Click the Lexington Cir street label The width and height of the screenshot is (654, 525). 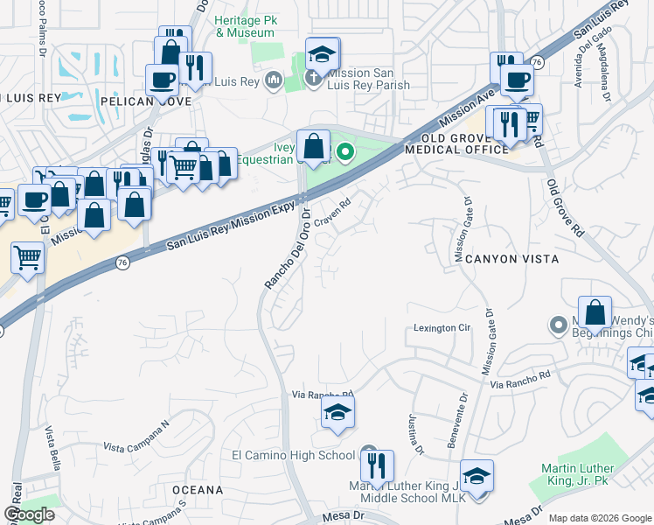pyautogui.click(x=442, y=328)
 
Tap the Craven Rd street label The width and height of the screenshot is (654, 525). pyautogui.click(x=332, y=214)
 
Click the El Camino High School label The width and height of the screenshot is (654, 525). pyautogui.click(x=293, y=455)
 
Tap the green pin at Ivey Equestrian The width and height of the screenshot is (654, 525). pyautogui.click(x=345, y=153)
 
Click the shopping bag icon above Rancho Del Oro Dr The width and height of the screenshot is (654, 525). pyautogui.click(x=313, y=145)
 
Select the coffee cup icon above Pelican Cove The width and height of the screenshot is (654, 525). pyautogui.click(x=163, y=80)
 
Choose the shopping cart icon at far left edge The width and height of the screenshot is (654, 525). pyautogui.click(x=27, y=257)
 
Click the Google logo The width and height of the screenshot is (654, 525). pyautogui.click(x=29, y=515)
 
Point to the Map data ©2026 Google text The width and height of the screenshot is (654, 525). pyautogui.click(x=599, y=518)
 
